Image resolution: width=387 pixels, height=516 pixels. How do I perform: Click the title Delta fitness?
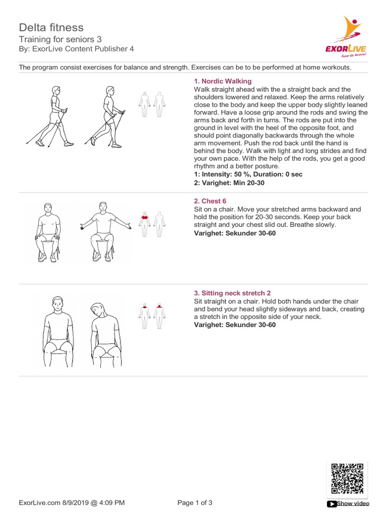click(x=51, y=27)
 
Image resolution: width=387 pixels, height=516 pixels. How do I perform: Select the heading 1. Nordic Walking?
click(x=223, y=81)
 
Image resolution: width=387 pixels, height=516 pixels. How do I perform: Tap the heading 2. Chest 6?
click(x=210, y=201)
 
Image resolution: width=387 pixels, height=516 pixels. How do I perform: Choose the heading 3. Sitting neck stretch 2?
click(x=232, y=293)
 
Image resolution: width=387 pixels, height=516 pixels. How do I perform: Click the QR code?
click(x=347, y=478)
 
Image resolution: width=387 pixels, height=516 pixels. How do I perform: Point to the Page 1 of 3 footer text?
click(x=196, y=502)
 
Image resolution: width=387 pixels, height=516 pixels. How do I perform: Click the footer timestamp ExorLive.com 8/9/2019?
click(x=72, y=502)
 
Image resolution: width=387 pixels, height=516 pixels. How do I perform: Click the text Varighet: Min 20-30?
click(x=229, y=183)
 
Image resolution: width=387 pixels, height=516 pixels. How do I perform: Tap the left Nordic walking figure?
click(x=51, y=116)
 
